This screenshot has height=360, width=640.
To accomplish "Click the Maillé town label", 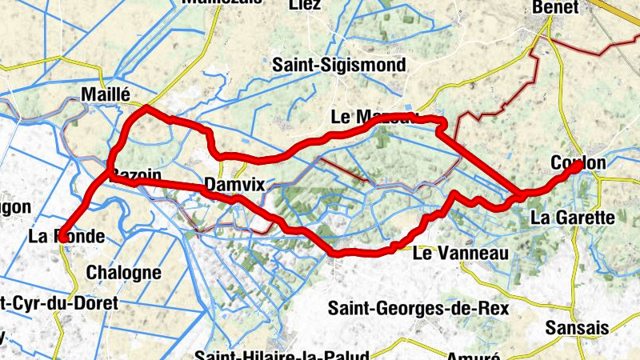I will pos(106,95).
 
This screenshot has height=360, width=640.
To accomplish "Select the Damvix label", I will pos(234,185).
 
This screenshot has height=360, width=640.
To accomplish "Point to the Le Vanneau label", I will pos(461,254).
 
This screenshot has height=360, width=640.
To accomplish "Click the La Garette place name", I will pos(572,217).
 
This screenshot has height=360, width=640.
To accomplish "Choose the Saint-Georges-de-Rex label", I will pos(407,307).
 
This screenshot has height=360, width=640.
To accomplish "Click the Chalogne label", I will pos(123,272).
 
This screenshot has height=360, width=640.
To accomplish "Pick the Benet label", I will pos(555,7).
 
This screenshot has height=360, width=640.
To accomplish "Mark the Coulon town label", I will pos(578,163).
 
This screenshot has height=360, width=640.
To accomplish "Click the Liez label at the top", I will pos(306,5).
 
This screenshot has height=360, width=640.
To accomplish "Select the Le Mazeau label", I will pos(374,117).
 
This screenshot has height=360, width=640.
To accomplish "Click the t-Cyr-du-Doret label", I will pos(58,303).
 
